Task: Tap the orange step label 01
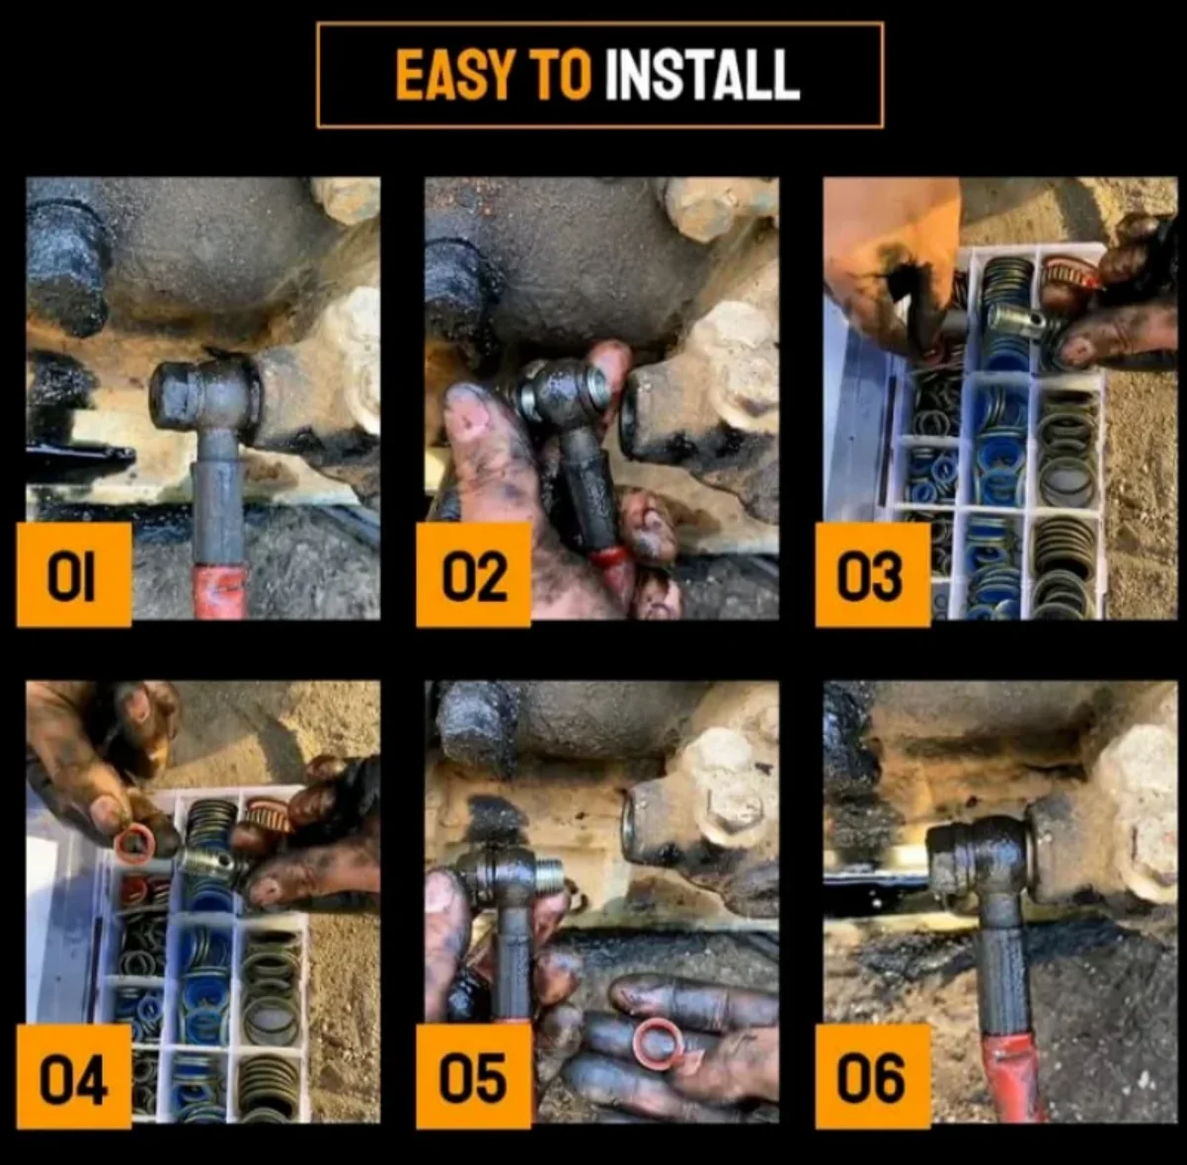[74, 574]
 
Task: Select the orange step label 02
[473, 574]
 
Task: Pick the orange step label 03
[872, 574]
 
